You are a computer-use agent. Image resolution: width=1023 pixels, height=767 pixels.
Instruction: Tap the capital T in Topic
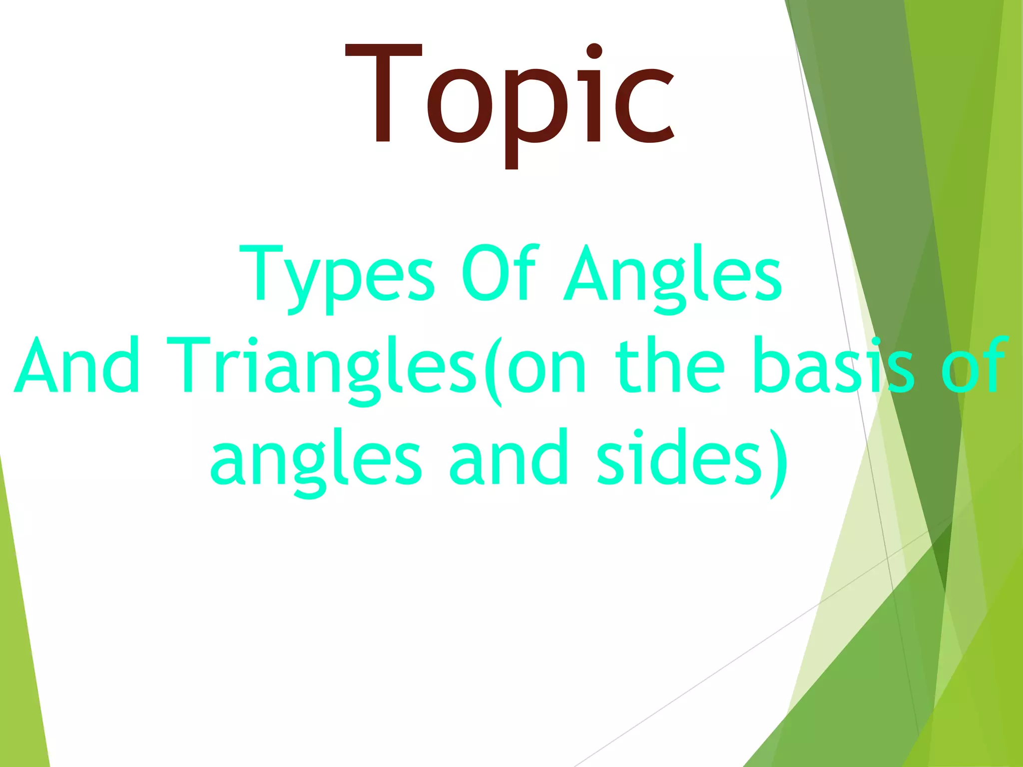pos(384,92)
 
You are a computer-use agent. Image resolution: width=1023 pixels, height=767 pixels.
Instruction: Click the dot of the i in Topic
pos(593,52)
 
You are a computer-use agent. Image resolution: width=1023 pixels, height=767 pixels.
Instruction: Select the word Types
pos(337,275)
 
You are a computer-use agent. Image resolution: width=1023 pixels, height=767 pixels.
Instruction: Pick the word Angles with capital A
pos(672,275)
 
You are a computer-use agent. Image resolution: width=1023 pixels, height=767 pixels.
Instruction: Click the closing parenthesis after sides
pos(778,462)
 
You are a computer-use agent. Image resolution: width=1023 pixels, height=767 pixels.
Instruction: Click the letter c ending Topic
pos(644,107)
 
